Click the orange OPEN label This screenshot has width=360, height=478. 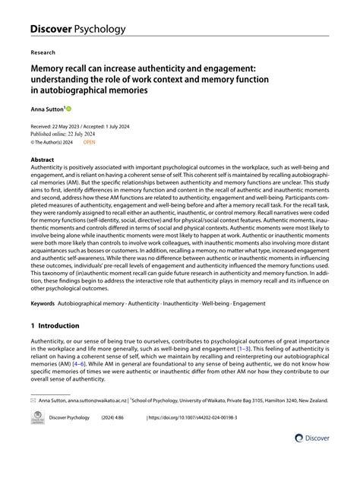[x=90, y=141]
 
